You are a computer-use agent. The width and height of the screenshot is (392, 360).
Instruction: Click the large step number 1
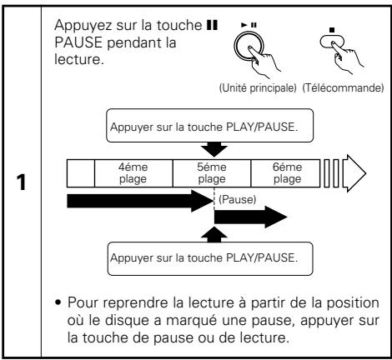[x=22, y=182]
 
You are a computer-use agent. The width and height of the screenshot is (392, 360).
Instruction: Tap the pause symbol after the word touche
[x=212, y=25]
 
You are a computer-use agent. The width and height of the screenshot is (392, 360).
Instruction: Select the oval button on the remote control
[x=332, y=42]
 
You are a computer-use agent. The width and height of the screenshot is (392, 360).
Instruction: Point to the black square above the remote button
[x=331, y=30]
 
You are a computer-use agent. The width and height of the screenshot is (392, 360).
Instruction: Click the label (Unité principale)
[x=258, y=88]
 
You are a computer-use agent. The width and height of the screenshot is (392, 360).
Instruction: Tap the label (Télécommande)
[x=343, y=88]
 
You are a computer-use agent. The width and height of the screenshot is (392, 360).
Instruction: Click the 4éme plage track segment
[x=133, y=173]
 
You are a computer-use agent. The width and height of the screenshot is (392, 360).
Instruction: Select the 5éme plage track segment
[x=212, y=173]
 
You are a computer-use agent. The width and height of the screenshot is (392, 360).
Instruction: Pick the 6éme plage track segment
[x=285, y=173]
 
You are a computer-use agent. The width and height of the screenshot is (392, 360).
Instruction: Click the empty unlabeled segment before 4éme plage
[x=81, y=173]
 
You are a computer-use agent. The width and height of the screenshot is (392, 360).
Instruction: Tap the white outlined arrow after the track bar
[x=354, y=173]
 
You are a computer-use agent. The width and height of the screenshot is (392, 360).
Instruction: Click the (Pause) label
[x=237, y=199]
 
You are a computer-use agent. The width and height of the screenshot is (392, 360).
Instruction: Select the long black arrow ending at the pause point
[x=140, y=201]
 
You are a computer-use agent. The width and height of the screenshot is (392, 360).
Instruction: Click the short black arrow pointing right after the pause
[x=251, y=217]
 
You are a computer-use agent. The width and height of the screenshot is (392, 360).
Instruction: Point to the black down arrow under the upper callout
[x=214, y=149]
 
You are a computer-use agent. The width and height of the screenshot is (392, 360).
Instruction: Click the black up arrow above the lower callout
[x=214, y=234]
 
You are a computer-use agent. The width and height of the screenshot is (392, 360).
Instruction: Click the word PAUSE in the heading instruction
[x=78, y=42]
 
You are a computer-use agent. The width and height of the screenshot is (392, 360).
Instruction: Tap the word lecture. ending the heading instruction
[x=79, y=59]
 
